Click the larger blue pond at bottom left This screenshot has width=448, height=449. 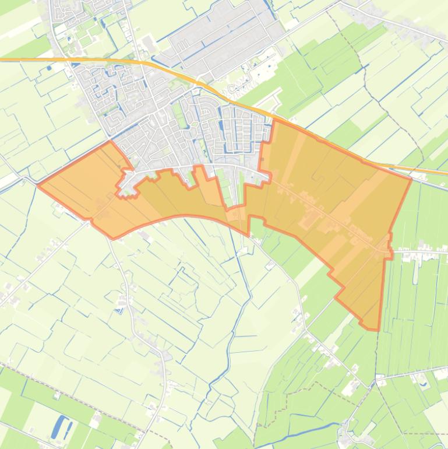[58, 427]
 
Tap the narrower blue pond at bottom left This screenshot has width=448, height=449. [68, 432]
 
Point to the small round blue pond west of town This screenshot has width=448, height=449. [48, 68]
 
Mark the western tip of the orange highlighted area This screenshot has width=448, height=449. [38, 185]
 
